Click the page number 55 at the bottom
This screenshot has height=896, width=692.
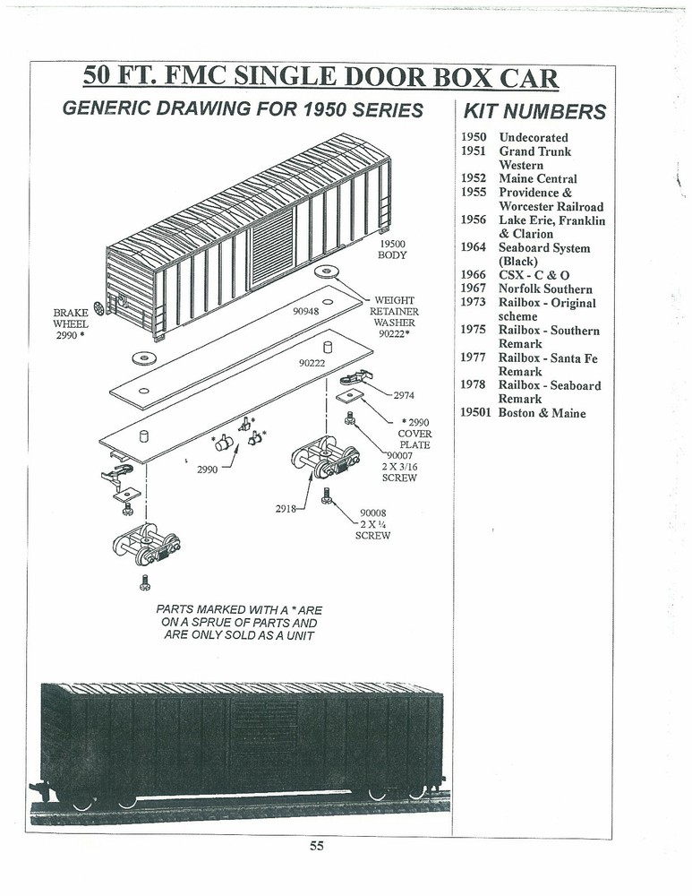coord(316,845)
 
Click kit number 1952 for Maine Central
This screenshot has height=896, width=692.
coord(474,178)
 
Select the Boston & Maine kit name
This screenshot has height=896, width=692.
coord(542,412)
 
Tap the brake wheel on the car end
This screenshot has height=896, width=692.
coord(99,308)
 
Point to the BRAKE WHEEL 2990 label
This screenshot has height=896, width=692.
coord(71,324)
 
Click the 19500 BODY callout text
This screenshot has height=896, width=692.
coord(392,249)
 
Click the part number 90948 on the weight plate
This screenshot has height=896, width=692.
coord(305,312)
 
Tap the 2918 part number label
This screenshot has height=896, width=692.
coord(286,507)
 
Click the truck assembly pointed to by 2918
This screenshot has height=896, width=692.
coord(326,456)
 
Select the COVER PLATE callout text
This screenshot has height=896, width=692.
coord(414,439)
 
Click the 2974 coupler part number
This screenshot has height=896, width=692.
coord(404,395)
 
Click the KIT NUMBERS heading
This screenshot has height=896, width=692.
coord(534,111)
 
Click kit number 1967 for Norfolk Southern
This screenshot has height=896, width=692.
coord(474,289)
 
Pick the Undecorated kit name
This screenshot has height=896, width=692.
coord(534,137)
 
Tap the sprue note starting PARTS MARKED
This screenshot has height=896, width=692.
coord(239,623)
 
